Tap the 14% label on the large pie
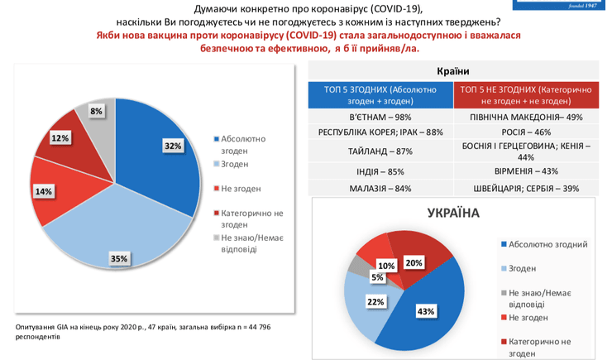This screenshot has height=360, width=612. click(43, 192)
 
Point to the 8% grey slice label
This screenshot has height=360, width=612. click(97, 111)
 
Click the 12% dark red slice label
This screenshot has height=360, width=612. click(60, 138)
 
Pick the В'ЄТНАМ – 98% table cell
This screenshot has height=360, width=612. click(380, 117)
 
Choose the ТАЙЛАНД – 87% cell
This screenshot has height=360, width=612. click(380, 151)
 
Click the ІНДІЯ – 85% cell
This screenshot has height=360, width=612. click(380, 171)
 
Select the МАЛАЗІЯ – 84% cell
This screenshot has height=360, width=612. click(380, 188)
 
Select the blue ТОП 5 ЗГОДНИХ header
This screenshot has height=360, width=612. click(380, 94)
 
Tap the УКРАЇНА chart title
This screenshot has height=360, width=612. click(452, 213)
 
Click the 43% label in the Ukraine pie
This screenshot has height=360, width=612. click(426, 311)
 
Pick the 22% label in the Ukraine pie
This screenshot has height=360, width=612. click(375, 302)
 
